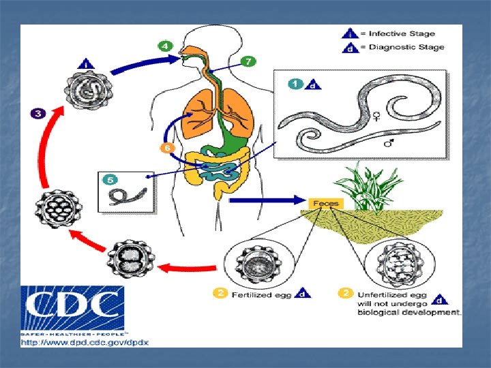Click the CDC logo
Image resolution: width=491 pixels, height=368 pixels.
pyautogui.click(x=74, y=309)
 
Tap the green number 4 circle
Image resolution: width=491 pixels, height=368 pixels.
pyautogui.click(x=165, y=46)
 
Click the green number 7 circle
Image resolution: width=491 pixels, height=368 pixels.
pyautogui.click(x=248, y=62)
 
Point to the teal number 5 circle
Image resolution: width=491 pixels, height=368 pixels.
pyautogui.click(x=109, y=181)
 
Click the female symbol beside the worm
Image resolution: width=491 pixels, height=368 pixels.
pyautogui.click(x=374, y=117)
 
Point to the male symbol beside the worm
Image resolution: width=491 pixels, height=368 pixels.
pyautogui.click(x=389, y=143)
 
